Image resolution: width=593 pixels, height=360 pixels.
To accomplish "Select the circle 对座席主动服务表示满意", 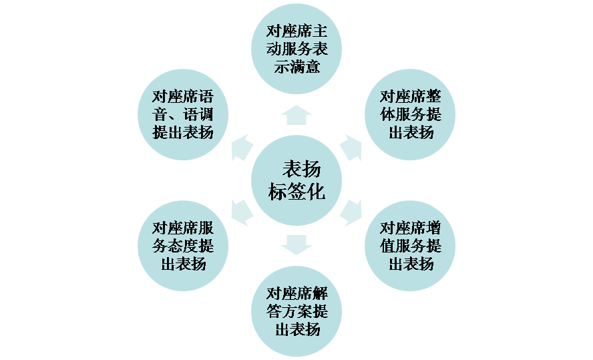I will click(296, 49).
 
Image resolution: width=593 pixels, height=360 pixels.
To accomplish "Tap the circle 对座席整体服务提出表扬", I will click(410, 114).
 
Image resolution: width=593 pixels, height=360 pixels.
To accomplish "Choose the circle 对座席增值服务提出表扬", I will click(410, 244).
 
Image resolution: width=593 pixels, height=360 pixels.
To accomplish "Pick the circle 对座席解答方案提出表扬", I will click(296, 310).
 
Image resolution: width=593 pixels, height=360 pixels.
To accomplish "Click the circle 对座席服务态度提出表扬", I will click(183, 244).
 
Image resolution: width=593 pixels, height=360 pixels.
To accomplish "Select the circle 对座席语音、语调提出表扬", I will click(183, 114).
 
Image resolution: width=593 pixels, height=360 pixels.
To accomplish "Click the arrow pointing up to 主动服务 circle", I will click(296, 114).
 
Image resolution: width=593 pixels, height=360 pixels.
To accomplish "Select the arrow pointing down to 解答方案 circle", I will click(296, 244).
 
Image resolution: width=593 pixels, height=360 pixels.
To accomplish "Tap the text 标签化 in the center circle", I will click(296, 192).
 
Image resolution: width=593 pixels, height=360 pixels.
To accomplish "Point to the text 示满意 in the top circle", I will click(296, 66).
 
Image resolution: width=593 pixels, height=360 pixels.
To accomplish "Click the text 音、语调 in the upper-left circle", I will click(183, 114).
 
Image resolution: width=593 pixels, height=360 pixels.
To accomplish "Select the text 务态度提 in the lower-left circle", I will click(183, 245).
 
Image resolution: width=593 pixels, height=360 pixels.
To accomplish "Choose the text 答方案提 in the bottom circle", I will click(296, 311).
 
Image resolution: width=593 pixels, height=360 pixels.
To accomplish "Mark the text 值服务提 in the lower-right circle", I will click(410, 245).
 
